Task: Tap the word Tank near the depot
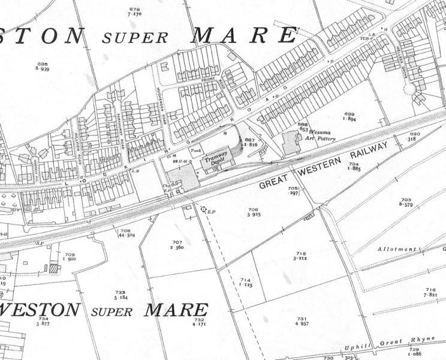click(x=194, y=150)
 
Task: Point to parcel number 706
click(x=253, y=210)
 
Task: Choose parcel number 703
click(x=406, y=200)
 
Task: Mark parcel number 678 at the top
click(x=135, y=9)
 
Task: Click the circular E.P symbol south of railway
click(x=203, y=210)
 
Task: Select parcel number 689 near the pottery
click(x=349, y=115)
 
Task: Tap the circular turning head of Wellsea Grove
click(x=410, y=89)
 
